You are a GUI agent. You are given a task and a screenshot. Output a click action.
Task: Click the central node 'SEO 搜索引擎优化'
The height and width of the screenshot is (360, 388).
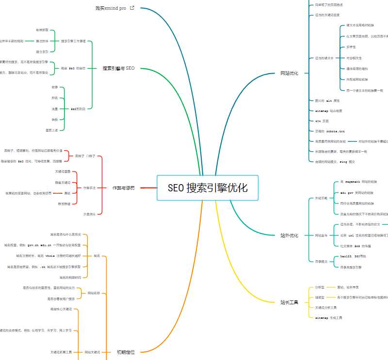point(208,188)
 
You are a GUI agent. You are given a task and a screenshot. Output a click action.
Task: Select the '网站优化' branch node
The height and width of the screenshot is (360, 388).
point(289,73)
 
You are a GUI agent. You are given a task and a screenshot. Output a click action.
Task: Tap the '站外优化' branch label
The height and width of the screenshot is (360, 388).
point(289,235)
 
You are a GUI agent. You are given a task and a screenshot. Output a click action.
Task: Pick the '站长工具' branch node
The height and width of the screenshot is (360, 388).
point(289,302)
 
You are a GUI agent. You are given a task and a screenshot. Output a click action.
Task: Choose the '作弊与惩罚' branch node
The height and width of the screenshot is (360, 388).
point(123,188)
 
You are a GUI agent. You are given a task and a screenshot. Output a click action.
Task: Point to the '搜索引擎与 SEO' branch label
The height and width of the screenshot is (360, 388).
point(118,68)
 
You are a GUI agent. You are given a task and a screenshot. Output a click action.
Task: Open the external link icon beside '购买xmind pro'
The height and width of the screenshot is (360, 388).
point(132,8)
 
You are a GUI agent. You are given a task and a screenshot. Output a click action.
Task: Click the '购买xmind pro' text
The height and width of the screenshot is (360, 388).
point(111,8)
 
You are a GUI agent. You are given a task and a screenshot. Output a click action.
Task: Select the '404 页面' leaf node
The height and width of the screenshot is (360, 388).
point(322,121)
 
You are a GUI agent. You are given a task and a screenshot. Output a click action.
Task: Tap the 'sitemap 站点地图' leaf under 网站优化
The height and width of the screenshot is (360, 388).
point(328,111)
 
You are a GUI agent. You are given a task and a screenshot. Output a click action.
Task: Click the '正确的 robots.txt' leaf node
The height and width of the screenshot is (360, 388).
point(330,131)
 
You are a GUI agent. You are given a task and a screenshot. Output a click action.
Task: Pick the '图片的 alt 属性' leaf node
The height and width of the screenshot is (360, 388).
point(327,101)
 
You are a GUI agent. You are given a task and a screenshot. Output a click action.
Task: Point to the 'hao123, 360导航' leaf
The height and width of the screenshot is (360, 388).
point(353,256)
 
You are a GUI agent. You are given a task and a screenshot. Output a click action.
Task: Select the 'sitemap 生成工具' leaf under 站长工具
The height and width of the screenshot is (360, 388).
point(328,318)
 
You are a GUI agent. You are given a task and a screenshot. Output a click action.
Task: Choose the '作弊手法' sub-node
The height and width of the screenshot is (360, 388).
point(89,188)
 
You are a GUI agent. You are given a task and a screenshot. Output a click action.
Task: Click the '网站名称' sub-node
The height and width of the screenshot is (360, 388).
point(94,293)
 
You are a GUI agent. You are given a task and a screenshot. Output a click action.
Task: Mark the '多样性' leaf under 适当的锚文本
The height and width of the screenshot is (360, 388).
point(351,47)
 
